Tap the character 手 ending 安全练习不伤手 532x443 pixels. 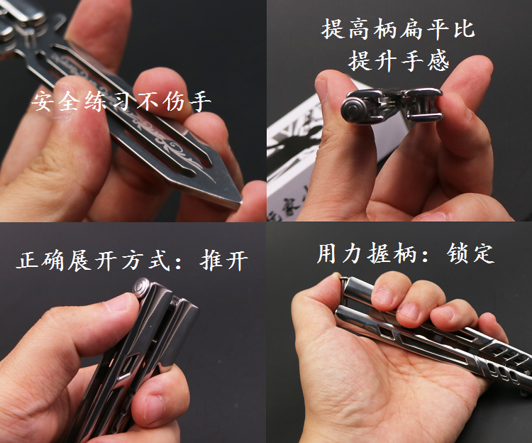(x=201, y=101)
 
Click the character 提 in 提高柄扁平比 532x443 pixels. (x=333, y=29)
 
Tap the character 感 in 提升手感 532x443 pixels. (x=438, y=61)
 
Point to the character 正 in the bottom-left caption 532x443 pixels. (x=28, y=261)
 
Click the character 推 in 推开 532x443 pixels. (x=211, y=261)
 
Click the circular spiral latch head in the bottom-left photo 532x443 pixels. (x=142, y=288)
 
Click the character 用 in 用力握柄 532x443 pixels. (x=328, y=253)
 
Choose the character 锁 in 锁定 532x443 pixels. (x=458, y=253)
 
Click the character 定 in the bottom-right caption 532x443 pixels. (x=483, y=253)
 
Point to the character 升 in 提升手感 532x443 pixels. (x=385, y=61)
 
